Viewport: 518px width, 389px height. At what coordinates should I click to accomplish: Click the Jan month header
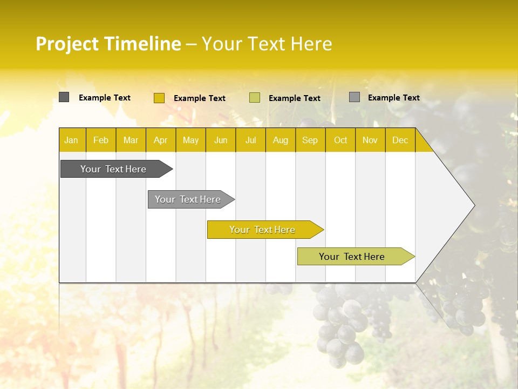click(71, 140)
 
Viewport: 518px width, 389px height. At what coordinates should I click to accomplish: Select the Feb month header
click(101, 140)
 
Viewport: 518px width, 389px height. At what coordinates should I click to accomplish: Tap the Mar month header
click(131, 140)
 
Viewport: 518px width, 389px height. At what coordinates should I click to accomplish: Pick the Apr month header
click(160, 140)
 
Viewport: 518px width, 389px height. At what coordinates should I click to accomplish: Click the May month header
click(190, 140)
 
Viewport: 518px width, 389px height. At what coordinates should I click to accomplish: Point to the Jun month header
click(221, 140)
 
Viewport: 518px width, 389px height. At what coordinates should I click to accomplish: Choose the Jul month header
click(250, 140)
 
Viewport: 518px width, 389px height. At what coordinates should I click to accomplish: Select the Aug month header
click(280, 140)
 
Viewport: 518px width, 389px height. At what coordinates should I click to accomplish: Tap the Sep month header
click(310, 140)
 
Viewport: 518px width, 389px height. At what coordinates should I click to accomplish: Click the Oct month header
click(340, 140)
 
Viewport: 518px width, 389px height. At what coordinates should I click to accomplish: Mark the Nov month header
click(370, 140)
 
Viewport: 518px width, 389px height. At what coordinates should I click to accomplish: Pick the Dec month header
click(400, 140)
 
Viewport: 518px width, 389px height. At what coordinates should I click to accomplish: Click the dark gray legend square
click(64, 97)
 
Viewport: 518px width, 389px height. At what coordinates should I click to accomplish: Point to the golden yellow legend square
click(159, 98)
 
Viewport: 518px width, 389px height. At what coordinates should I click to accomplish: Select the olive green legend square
click(255, 98)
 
